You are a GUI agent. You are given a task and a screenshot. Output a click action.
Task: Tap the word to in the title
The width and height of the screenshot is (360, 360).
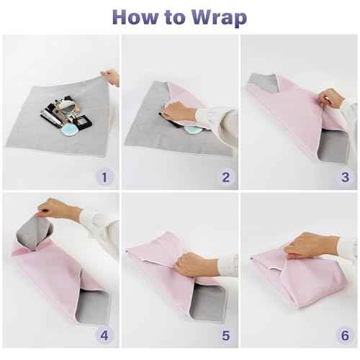(174, 17)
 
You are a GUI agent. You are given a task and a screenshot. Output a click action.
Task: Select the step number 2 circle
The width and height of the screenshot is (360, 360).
(225, 176)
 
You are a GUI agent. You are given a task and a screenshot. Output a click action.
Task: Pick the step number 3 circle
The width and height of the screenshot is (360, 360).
(345, 176)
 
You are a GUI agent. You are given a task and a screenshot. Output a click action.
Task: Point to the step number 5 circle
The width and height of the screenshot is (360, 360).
(225, 335)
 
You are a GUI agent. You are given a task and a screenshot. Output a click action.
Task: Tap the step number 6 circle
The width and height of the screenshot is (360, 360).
(345, 335)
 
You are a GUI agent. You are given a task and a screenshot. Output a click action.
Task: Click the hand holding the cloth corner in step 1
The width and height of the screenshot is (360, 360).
(111, 77)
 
